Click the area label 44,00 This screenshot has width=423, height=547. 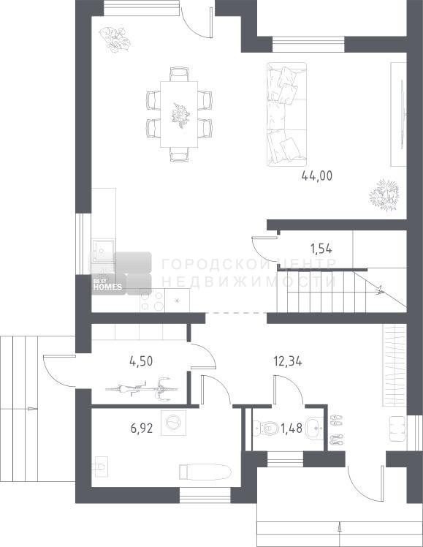(x=317, y=176)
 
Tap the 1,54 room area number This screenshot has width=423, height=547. (x=321, y=249)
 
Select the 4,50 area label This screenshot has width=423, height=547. (x=141, y=361)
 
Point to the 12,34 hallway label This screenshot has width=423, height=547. (x=288, y=361)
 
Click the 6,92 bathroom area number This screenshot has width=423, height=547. (x=142, y=428)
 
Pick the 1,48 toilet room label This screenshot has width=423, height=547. (x=291, y=428)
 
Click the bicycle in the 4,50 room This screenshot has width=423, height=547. (x=142, y=388)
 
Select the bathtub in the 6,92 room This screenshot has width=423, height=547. (x=205, y=471)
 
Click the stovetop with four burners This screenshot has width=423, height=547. (x=152, y=300)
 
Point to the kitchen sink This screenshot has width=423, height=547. (x=104, y=250)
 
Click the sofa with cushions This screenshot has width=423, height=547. (x=286, y=114)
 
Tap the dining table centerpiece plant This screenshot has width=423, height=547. (x=180, y=116)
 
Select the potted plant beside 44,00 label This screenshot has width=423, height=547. (x=384, y=195)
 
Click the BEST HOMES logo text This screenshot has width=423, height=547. (x=107, y=285)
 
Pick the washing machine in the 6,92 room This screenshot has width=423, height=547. (x=174, y=423)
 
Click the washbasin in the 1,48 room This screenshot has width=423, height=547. (x=315, y=427)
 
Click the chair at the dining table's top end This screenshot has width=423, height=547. (x=179, y=75)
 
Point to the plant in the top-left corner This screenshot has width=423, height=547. (x=115, y=39)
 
